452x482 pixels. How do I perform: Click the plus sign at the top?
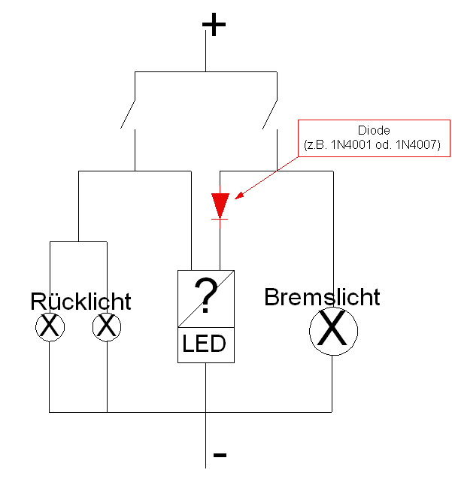point(214,26)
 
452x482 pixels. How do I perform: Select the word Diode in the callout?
point(373,130)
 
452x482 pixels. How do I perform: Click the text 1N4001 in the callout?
point(356,143)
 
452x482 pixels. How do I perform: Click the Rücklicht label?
point(80,302)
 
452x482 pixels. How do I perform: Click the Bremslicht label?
point(322,297)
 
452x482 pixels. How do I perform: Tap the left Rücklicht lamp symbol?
point(50,326)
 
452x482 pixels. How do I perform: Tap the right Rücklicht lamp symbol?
point(107,326)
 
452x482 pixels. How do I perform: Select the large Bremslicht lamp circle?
point(332,331)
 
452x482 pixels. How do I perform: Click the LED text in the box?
point(205,344)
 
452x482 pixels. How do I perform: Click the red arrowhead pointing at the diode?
point(239,197)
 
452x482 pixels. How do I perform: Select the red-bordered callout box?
point(374,137)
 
